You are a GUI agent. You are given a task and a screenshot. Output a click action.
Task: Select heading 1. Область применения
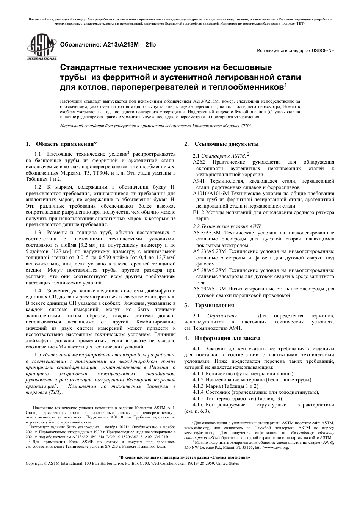[61, 144]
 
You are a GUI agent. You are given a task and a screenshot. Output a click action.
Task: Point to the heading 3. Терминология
[209, 305]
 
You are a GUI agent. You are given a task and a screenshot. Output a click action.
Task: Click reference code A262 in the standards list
[199, 162]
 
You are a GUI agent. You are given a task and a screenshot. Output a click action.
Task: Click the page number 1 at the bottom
[180, 489]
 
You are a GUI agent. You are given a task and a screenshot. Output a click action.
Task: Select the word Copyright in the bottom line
[34, 463]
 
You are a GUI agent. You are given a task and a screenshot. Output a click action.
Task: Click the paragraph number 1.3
[38, 232]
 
